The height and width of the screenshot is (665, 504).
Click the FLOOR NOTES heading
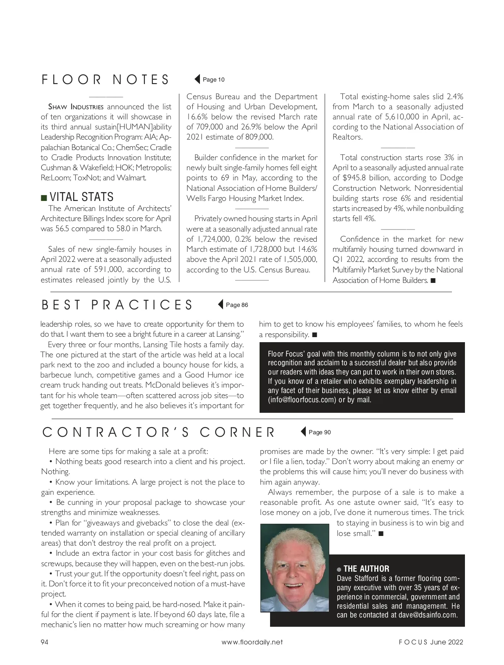click(105, 79)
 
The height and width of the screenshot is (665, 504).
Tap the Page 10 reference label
click(213, 79)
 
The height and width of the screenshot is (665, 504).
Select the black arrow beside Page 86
click(220, 305)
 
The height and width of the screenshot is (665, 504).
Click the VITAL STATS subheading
click(81, 197)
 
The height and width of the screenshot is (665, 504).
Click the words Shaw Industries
click(76, 107)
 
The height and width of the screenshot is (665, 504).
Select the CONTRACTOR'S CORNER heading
click(159, 432)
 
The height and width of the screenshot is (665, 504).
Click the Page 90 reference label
click(320, 432)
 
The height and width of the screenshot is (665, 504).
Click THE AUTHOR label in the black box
click(366, 569)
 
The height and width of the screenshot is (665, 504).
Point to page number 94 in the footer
click(45, 642)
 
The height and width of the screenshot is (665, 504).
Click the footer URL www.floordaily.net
click(252, 642)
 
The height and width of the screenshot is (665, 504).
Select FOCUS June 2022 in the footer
click(431, 642)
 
